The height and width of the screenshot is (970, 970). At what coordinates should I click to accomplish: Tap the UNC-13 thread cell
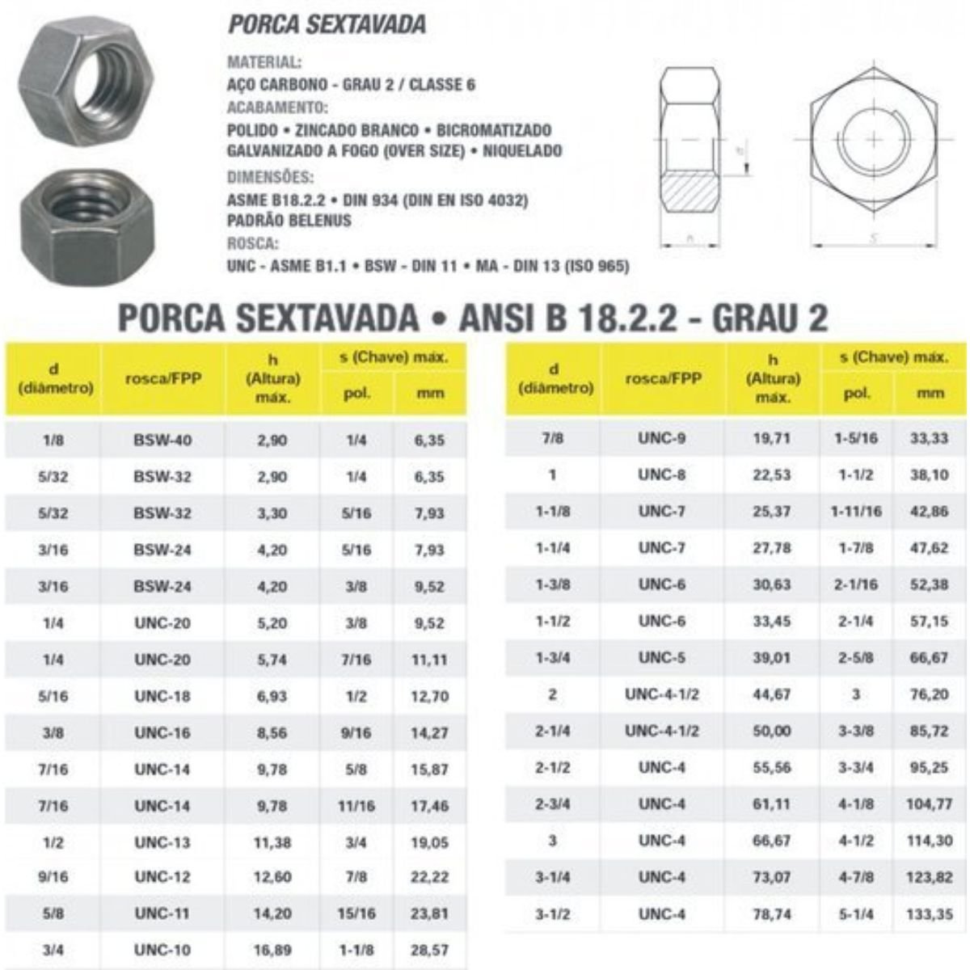point(162,841)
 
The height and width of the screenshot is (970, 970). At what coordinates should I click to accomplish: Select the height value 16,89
point(272,950)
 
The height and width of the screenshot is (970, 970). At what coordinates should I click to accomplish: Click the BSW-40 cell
point(162,441)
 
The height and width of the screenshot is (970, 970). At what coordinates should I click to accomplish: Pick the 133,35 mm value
point(930,914)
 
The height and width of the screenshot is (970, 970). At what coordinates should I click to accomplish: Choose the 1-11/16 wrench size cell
point(856,512)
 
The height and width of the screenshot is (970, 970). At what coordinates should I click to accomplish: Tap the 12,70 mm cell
point(429,695)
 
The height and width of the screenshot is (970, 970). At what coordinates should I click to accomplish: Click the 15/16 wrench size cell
point(356,913)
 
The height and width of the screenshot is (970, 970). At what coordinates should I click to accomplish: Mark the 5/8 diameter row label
point(53,913)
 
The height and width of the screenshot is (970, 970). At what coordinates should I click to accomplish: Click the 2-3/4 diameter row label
point(552,803)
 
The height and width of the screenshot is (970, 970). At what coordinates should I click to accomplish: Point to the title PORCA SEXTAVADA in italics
point(327,24)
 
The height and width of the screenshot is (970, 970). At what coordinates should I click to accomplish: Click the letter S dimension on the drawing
point(874,238)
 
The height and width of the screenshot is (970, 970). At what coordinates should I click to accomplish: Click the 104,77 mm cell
point(930,804)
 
